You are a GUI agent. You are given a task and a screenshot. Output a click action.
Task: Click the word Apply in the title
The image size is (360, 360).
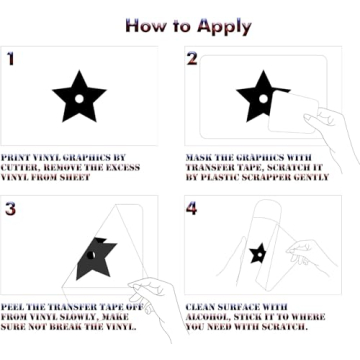point(224,27)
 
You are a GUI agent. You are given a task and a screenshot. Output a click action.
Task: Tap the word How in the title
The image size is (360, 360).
point(145,25)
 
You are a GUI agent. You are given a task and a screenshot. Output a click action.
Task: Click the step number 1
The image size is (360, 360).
point(11,58)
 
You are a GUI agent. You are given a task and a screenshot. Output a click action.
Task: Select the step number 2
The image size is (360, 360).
point(192,58)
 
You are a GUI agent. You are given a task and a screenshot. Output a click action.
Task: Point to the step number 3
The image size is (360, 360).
point(10,209)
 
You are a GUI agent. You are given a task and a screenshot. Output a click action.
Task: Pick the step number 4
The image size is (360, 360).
point(191,208)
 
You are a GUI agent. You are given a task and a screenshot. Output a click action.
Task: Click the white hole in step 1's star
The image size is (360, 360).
point(79,99)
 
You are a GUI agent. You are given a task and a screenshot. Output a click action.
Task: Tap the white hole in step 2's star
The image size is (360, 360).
point(263,99)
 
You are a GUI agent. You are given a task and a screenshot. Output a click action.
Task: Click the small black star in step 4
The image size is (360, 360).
point(258,253)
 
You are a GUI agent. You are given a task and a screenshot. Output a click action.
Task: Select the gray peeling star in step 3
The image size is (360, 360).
point(95,258)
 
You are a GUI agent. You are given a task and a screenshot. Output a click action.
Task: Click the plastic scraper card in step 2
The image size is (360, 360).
point(293,112)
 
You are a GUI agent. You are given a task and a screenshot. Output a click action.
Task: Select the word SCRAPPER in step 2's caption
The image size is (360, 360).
point(265,177)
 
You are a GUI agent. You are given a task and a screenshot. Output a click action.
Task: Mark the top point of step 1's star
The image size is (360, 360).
point(79,70)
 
